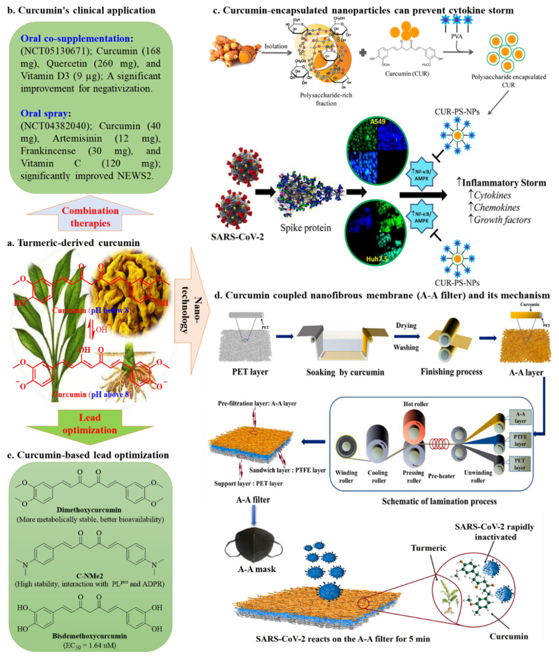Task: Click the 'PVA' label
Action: (x=457, y=36)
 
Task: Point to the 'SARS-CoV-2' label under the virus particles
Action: (x=237, y=237)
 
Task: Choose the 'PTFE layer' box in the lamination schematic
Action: (x=520, y=440)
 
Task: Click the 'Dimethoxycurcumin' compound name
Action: (x=89, y=510)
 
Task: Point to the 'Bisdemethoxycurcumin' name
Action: (x=90, y=636)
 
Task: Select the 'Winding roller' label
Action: (x=346, y=476)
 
